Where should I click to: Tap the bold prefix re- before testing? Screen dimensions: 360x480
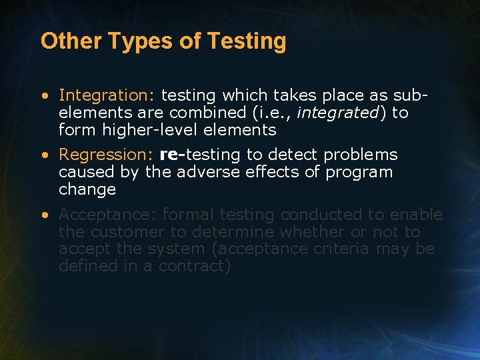click(x=173, y=155)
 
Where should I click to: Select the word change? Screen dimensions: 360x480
click(x=87, y=189)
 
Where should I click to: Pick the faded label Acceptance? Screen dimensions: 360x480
click(x=108, y=215)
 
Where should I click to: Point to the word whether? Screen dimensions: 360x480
click(x=307, y=232)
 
